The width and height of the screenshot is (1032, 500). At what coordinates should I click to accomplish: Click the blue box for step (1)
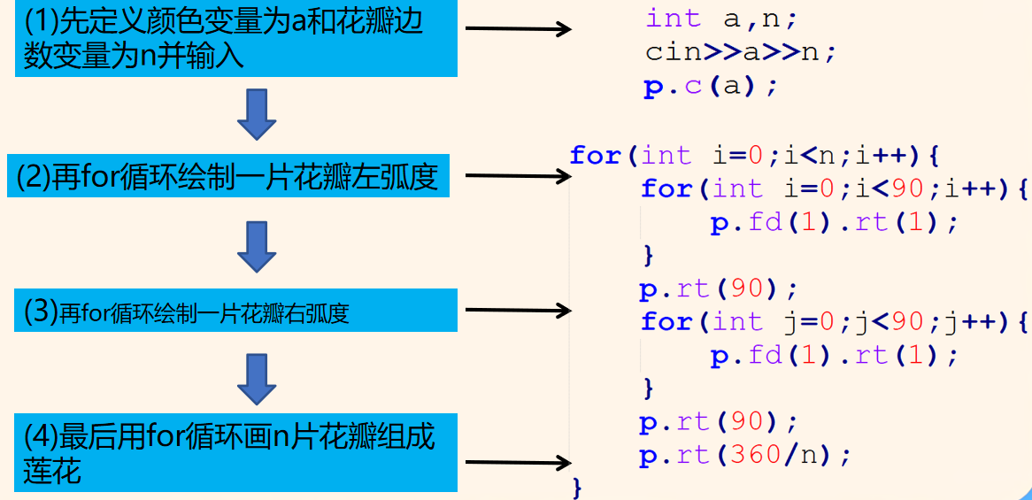(235, 39)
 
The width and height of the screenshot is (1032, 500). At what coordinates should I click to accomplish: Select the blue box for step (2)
(235, 177)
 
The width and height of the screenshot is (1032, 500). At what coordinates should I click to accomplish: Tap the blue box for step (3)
(235, 311)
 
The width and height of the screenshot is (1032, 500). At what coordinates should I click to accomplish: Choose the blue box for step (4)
(235, 452)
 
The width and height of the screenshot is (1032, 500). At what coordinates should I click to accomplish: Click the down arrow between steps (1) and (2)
(258, 113)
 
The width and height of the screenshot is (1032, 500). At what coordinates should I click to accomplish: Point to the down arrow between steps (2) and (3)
(258, 247)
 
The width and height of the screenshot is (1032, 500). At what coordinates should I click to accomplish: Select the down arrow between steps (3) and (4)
(258, 380)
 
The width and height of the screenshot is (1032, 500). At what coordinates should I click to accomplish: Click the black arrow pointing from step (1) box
(518, 30)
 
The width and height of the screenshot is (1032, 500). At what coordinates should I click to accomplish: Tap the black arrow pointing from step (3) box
(518, 311)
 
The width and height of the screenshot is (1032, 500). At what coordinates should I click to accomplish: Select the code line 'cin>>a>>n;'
(740, 52)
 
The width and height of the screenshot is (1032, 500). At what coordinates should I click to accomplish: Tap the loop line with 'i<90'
(833, 188)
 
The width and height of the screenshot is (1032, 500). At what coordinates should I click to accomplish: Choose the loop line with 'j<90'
(833, 322)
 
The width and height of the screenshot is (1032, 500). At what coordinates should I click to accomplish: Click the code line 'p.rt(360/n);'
(744, 456)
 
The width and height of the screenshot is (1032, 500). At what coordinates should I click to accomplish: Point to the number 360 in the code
(759, 456)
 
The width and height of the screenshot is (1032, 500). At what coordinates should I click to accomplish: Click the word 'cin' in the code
(674, 52)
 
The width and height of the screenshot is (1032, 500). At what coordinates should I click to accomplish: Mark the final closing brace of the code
(578, 487)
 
